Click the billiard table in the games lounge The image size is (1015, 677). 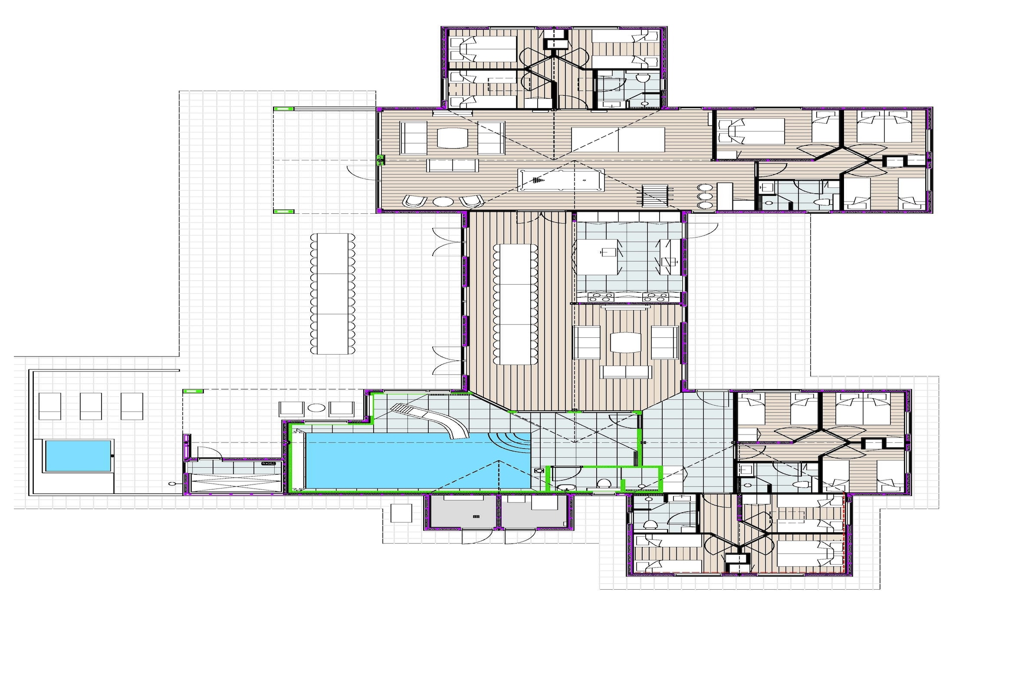[x=561, y=180]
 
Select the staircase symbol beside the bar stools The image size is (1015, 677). [x=655, y=195]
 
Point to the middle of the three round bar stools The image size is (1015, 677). [x=704, y=196]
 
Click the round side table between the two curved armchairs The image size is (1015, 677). [x=443, y=201]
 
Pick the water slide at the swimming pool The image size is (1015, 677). [x=430, y=420]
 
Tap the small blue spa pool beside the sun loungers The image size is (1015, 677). [x=78, y=455]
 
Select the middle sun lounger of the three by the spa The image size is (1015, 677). [x=91, y=406]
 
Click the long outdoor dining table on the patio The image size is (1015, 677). [x=333, y=294]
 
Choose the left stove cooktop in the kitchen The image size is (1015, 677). [x=601, y=297]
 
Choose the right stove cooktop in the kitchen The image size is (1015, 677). [x=655, y=297]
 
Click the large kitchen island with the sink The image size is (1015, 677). [x=598, y=256]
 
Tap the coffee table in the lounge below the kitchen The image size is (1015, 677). [x=625, y=342]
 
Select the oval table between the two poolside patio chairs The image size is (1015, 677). [x=316, y=408]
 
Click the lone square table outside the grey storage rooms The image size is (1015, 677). [x=401, y=513]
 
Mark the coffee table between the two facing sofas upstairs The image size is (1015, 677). [x=452, y=137]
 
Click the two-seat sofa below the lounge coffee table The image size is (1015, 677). [x=625, y=372]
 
